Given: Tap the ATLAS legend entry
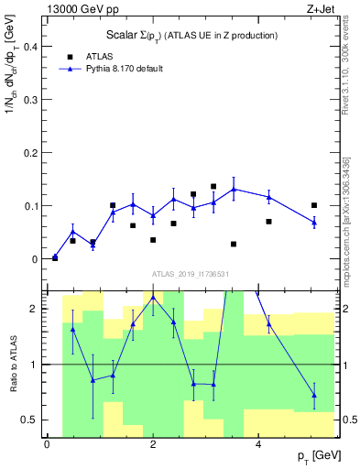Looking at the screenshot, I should pos(100,56).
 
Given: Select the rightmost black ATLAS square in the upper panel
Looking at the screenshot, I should pos(314,205).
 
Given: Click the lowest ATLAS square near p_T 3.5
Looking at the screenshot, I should pos(234,245).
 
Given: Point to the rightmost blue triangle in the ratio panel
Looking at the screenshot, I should pos(314,396).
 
